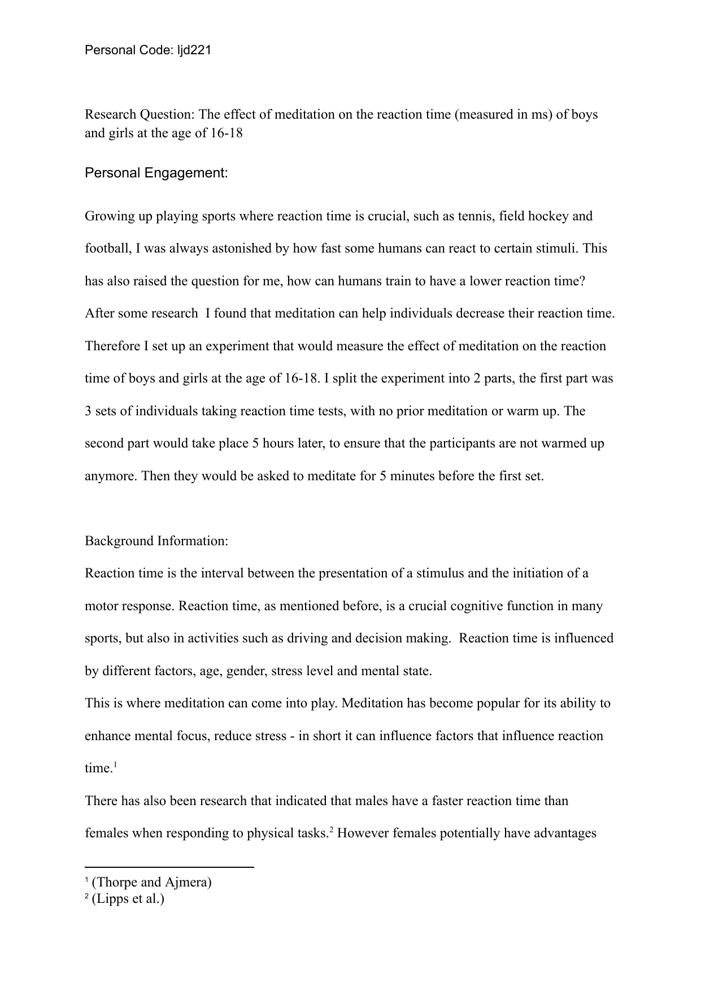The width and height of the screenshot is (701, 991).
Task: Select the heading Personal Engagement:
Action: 156,173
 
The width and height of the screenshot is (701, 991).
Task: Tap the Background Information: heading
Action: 156,541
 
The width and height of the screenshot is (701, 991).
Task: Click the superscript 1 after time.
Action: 115,765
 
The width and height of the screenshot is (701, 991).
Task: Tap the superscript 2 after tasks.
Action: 332,830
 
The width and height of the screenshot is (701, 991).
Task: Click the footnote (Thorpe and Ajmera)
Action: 151,882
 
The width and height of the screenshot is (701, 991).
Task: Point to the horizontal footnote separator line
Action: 169,867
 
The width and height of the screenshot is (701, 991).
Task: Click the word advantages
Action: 565,833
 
